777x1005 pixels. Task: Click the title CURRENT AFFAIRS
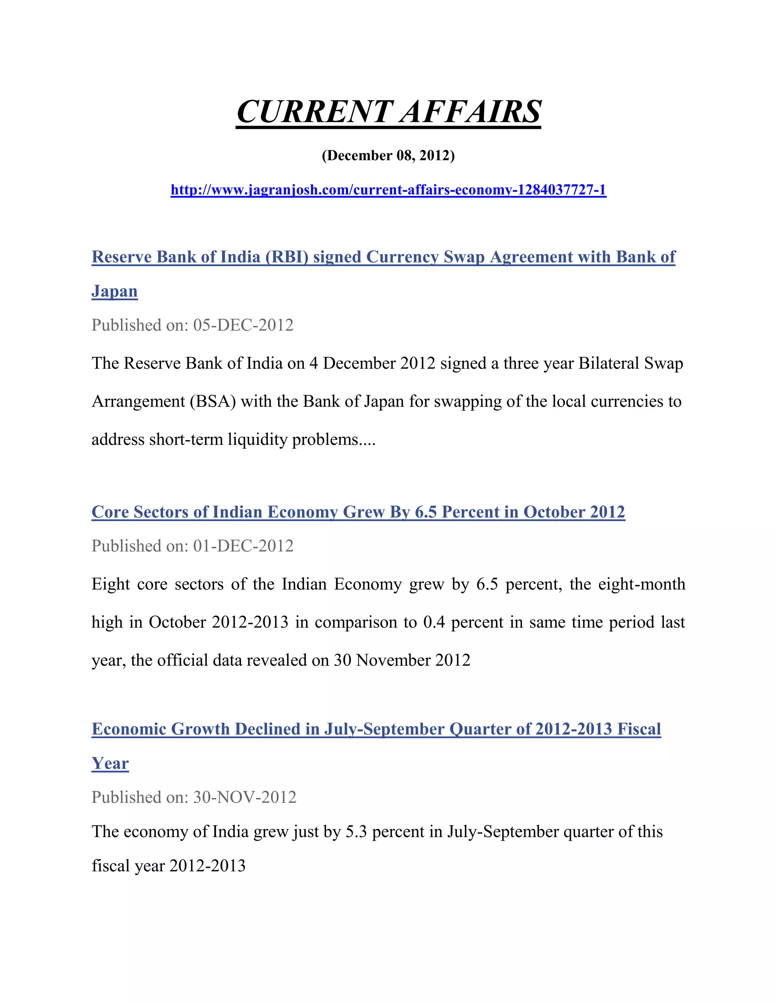(388, 112)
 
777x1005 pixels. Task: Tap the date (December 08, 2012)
(388, 155)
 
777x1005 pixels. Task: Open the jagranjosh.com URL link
(388, 190)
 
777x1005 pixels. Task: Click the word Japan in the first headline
(115, 291)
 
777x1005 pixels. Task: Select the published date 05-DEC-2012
(243, 325)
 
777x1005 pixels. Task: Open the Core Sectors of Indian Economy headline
(358, 512)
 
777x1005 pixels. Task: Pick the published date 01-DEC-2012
(243, 546)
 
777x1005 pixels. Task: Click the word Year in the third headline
(110, 763)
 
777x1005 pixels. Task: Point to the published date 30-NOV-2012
(244, 798)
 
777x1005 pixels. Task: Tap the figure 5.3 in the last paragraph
(356, 832)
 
